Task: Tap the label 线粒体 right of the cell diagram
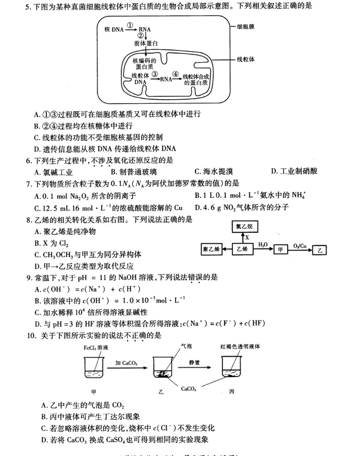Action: point(247,59)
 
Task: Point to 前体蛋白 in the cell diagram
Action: point(146,42)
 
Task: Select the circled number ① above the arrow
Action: point(130,25)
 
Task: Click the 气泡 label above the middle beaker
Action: point(188,346)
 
